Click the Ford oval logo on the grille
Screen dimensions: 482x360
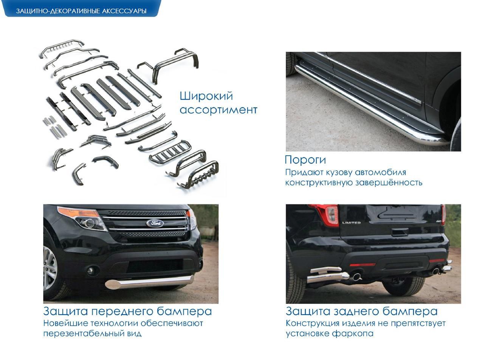(x=155, y=223)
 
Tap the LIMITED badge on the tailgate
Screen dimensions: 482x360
(x=351, y=222)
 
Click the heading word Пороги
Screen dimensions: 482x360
(x=305, y=160)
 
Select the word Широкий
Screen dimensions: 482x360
(x=206, y=96)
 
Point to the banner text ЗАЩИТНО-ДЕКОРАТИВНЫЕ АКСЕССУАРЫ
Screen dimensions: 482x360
(x=81, y=11)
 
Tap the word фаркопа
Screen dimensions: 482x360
(x=352, y=334)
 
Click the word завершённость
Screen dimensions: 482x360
(x=389, y=182)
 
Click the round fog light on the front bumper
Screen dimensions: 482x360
(x=90, y=271)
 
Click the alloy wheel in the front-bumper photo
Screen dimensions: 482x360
(x=50, y=269)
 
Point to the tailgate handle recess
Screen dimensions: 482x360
(x=400, y=232)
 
